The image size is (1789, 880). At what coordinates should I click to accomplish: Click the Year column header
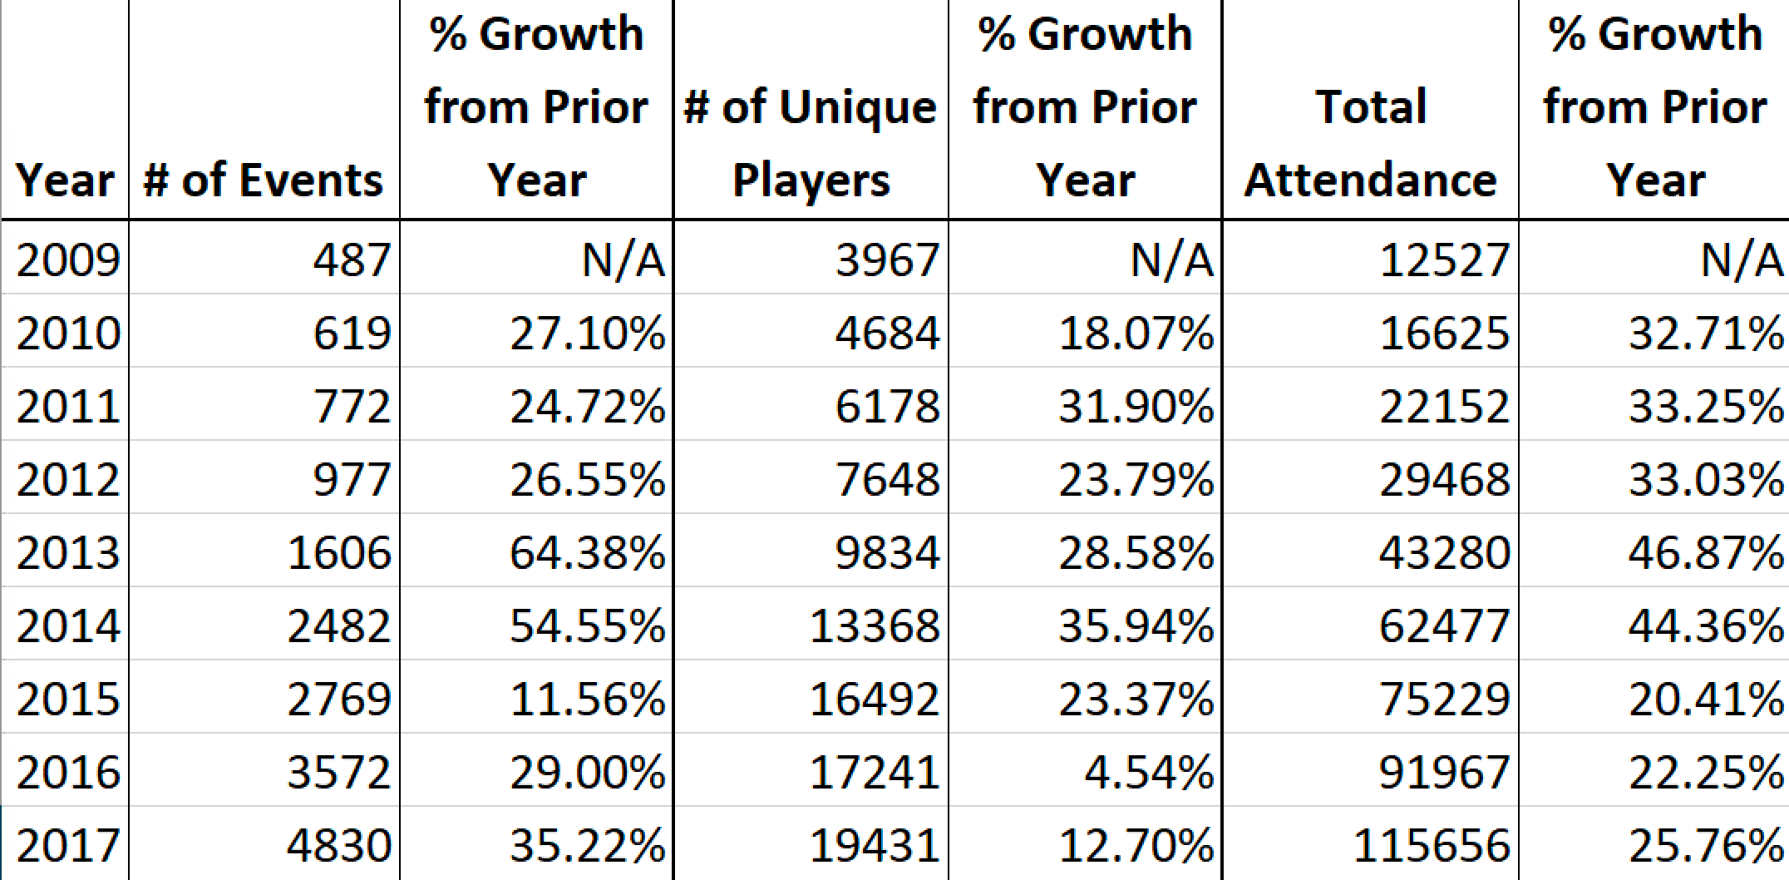(x=65, y=180)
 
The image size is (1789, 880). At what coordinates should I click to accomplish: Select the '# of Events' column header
(x=264, y=180)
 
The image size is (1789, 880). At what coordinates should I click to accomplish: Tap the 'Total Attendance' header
(x=1370, y=143)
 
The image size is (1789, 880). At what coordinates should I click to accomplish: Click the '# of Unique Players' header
(x=811, y=143)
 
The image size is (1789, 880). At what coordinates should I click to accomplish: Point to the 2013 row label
(x=68, y=552)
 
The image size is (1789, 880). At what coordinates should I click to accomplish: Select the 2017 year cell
(x=68, y=845)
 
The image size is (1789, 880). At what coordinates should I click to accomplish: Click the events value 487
(x=352, y=260)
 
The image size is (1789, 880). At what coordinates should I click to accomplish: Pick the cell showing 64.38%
(x=587, y=552)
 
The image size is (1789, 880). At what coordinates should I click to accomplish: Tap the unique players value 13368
(x=874, y=625)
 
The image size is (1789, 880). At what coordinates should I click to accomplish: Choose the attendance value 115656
(x=1431, y=845)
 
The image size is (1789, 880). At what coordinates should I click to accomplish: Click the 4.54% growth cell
(x=1148, y=772)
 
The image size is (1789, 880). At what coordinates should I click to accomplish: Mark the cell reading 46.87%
(x=1705, y=552)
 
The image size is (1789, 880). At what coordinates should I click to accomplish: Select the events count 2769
(x=338, y=699)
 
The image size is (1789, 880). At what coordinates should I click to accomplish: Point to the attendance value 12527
(x=1444, y=260)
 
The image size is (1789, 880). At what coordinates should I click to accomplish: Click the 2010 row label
(x=68, y=333)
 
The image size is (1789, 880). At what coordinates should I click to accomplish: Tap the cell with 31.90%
(x=1136, y=406)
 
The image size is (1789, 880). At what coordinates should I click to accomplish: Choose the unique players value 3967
(x=887, y=260)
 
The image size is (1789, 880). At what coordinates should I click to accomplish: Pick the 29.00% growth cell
(x=587, y=772)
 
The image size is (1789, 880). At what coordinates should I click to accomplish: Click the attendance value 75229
(x=1444, y=699)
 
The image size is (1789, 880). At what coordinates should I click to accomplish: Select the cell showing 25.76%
(x=1705, y=845)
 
